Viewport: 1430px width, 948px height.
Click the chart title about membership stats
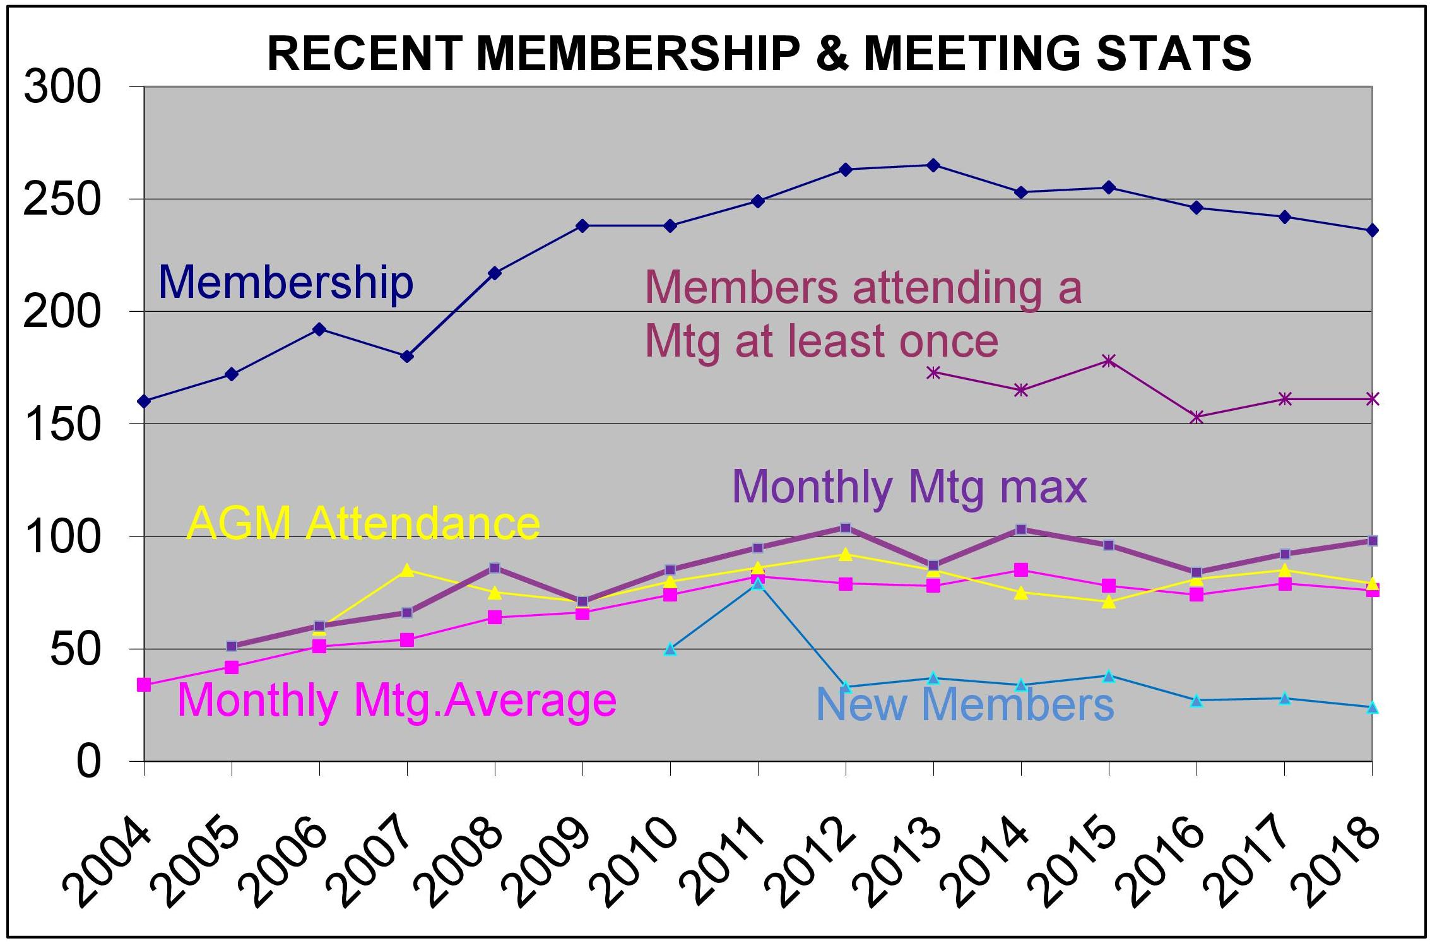[759, 53]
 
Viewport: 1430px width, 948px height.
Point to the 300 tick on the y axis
[62, 86]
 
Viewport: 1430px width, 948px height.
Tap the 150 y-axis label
[62, 424]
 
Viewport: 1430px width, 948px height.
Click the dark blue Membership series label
[285, 282]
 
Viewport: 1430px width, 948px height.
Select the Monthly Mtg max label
[909, 487]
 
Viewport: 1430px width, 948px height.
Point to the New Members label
[965, 704]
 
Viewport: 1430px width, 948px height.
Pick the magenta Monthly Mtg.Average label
[397, 700]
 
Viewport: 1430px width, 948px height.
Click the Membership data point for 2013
[933, 165]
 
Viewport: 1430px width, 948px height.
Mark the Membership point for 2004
[144, 401]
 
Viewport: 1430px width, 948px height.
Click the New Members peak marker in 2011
[758, 584]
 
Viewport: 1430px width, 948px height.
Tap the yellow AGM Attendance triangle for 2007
[407, 570]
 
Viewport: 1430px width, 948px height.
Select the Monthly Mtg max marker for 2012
[846, 528]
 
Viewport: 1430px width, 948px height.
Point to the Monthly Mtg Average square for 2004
[144, 685]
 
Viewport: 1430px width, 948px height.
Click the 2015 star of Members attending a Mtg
[1109, 361]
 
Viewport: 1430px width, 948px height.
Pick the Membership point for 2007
[407, 357]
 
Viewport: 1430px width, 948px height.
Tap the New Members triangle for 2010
[670, 649]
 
